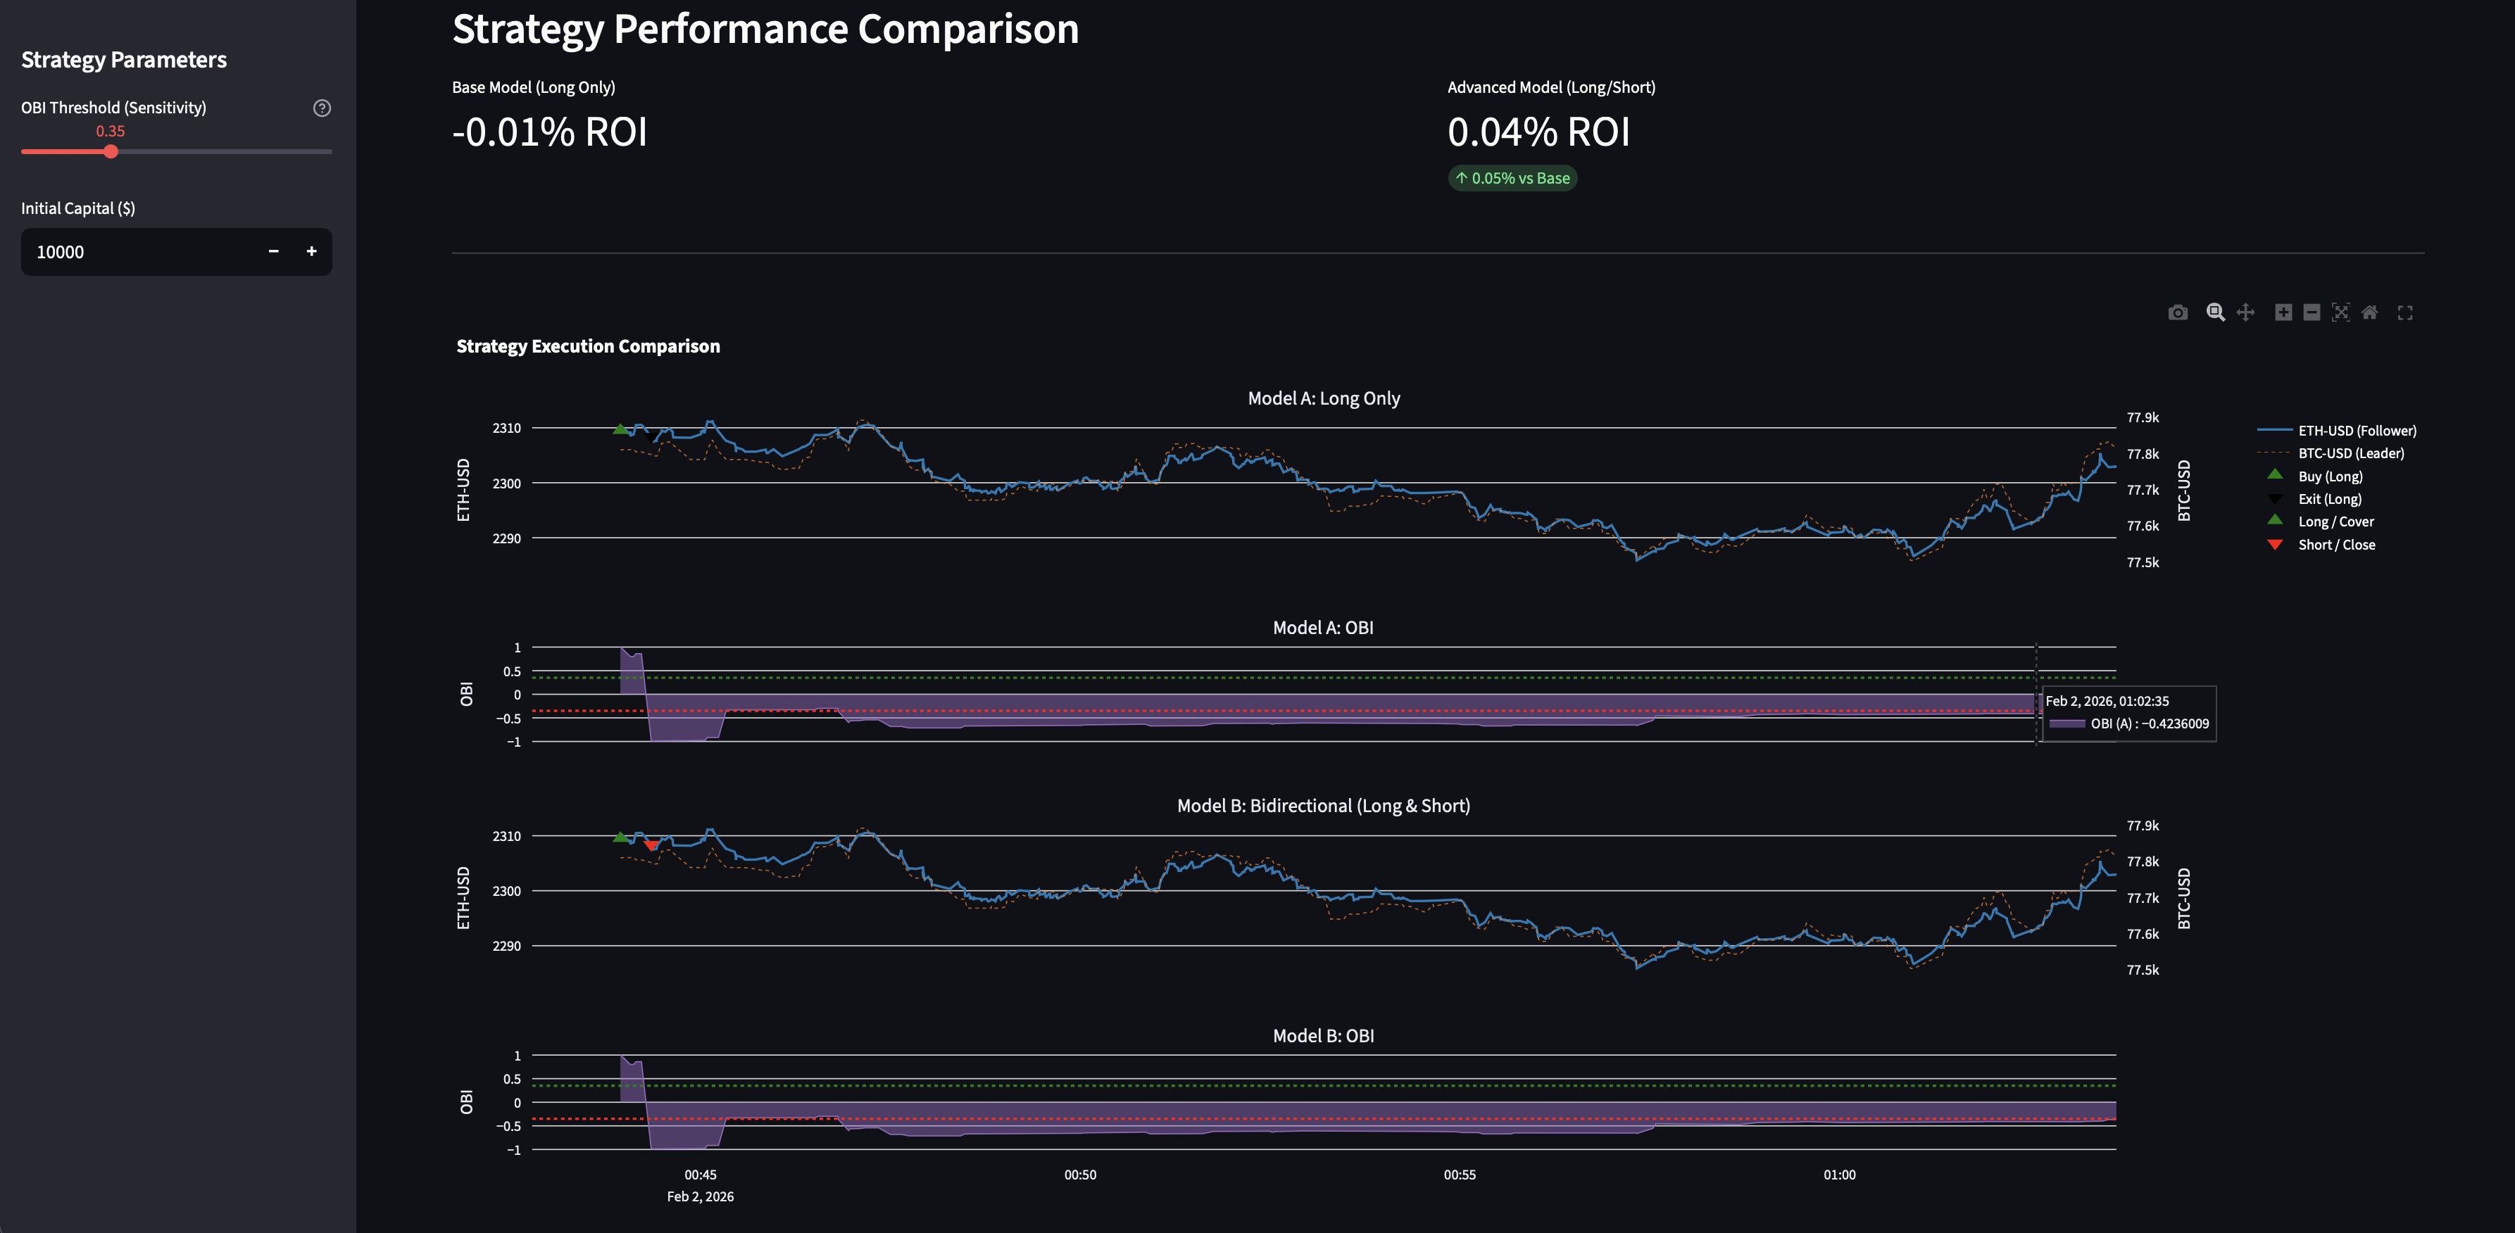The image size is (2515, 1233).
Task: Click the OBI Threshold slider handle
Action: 111,151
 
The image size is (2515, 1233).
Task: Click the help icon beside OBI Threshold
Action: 321,108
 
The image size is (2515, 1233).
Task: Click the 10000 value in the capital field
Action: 61,252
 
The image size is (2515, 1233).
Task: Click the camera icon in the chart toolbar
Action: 2177,312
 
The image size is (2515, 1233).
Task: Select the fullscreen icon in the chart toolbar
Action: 2404,312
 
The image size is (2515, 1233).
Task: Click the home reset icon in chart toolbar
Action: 2369,312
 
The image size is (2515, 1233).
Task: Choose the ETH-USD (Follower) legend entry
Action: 2356,431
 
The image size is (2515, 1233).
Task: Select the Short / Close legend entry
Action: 2335,545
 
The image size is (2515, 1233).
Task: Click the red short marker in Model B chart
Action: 651,845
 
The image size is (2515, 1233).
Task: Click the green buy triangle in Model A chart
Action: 620,429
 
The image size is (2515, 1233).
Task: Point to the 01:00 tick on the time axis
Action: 1838,1175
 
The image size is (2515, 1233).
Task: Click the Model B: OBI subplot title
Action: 1322,1036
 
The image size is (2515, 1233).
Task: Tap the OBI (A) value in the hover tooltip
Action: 2148,723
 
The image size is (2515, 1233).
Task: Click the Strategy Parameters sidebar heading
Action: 124,61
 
